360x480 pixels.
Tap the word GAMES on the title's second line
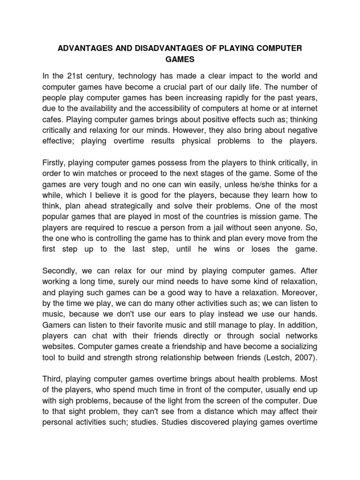pyautogui.click(x=180, y=60)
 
